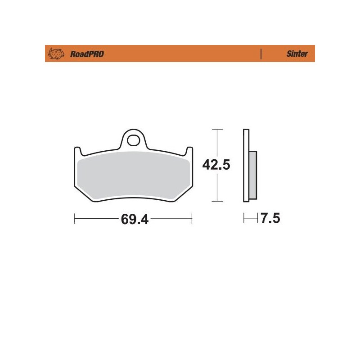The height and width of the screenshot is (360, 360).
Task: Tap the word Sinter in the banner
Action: (297, 54)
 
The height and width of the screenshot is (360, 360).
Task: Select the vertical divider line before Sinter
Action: (261, 54)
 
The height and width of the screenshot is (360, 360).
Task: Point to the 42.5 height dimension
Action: (216, 165)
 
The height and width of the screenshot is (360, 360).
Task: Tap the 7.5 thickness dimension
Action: (270, 219)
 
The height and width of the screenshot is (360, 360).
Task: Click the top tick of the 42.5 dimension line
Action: (217, 130)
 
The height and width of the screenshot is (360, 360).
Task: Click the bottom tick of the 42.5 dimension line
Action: (217, 201)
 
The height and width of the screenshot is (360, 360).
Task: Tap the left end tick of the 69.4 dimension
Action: (74, 219)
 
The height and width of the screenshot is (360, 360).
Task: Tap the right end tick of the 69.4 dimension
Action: (192, 219)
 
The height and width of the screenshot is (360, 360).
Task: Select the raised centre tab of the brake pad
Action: (133, 137)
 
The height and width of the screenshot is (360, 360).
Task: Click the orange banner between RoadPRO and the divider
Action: (180, 54)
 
